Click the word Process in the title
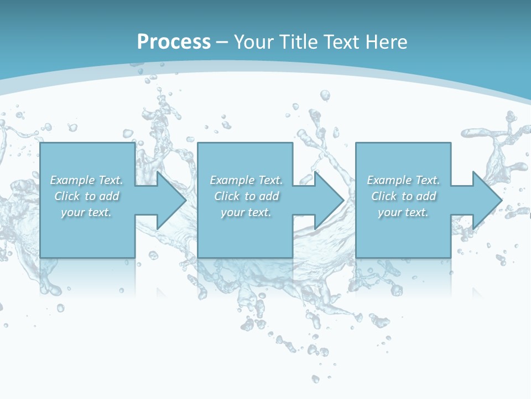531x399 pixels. tap(174, 42)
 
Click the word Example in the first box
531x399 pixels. tap(72, 180)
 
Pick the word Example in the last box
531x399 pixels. tap(389, 180)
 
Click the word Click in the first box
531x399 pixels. tap(67, 196)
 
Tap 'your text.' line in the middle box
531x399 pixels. tap(246, 212)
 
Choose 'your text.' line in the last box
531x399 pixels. tap(403, 212)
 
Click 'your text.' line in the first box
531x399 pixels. tap(86, 212)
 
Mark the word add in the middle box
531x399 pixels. tap(269, 196)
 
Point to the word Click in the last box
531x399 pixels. tap(384, 196)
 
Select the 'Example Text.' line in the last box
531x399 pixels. tap(403, 180)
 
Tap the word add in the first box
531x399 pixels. tap(110, 196)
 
